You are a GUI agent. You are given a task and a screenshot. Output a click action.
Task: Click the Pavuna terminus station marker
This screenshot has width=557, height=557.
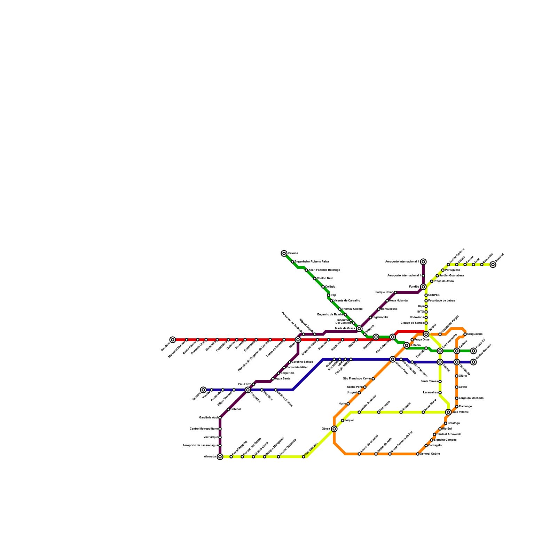tap(284, 253)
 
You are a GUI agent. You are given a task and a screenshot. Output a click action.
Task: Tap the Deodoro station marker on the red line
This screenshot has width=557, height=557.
tap(173, 340)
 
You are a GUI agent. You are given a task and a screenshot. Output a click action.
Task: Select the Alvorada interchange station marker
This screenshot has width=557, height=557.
tap(220, 457)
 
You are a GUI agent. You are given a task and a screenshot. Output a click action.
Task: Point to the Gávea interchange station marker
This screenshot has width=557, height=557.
tap(334, 429)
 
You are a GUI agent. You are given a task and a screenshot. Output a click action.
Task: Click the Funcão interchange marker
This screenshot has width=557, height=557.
tap(423, 287)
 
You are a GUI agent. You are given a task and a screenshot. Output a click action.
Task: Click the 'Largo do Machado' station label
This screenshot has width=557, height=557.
tap(471, 398)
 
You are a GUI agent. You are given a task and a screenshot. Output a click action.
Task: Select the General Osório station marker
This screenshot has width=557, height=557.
tap(418, 454)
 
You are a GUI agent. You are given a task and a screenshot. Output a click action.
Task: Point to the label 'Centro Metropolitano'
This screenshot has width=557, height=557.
tap(204, 429)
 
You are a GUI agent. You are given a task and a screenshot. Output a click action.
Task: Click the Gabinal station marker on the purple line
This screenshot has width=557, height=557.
tap(228, 409)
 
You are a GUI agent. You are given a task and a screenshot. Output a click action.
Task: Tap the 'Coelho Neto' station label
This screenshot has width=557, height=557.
tap(325, 278)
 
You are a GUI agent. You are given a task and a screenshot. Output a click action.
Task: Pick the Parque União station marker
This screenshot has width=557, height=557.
tap(395, 292)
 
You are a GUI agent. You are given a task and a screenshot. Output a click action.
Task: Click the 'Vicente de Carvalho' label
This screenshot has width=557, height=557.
tap(347, 301)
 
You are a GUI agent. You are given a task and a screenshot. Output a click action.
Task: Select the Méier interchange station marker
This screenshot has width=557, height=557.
tap(298, 340)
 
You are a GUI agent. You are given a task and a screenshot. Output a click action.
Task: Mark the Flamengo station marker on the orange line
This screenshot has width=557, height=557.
tap(457, 407)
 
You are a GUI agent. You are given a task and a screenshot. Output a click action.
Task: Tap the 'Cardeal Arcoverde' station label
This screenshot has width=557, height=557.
tap(449, 434)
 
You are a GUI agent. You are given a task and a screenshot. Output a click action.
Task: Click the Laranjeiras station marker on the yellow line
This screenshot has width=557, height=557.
tap(440, 393)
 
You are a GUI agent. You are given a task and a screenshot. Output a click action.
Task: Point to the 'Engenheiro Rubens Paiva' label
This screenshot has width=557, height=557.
tap(312, 262)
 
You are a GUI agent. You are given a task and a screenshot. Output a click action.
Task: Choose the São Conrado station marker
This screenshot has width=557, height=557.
tap(304, 457)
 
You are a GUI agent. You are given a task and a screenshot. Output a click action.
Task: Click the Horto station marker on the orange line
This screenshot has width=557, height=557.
tap(348, 404)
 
